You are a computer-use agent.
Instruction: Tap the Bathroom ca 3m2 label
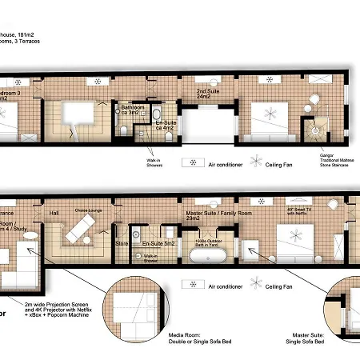[x=131, y=110]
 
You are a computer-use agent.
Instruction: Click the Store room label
[x=122, y=242]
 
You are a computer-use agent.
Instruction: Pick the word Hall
[x=54, y=213]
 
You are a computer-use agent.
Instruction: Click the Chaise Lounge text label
[x=86, y=210]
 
